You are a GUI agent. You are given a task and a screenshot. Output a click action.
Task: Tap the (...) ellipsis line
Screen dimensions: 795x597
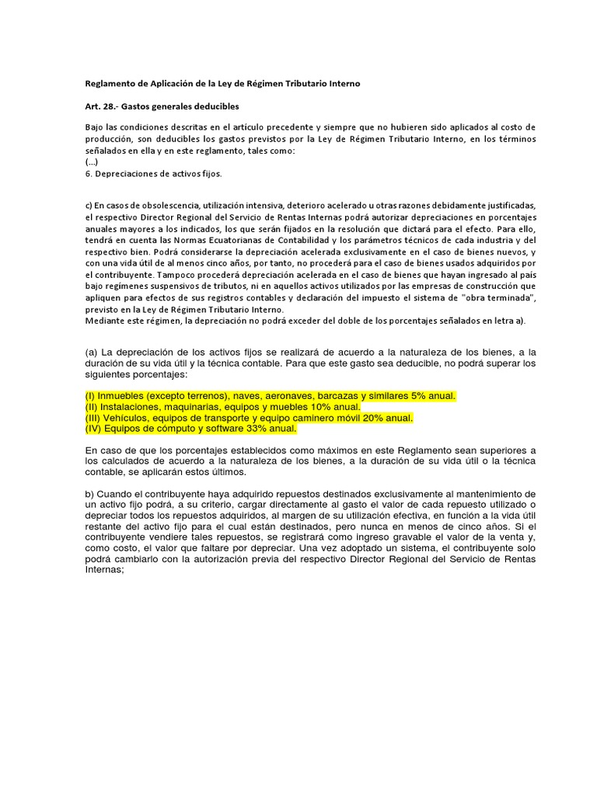pos(90,163)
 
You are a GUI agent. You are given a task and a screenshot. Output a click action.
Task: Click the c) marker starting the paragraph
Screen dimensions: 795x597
pos(89,203)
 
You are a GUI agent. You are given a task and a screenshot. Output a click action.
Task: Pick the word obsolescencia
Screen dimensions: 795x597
pos(155,203)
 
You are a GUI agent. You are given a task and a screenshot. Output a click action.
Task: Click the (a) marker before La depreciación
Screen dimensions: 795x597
pos(92,352)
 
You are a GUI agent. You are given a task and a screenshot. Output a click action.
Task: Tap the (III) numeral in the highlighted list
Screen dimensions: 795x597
pos(96,418)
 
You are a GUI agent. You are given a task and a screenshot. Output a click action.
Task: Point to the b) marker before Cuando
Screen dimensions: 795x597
pos(89,494)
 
